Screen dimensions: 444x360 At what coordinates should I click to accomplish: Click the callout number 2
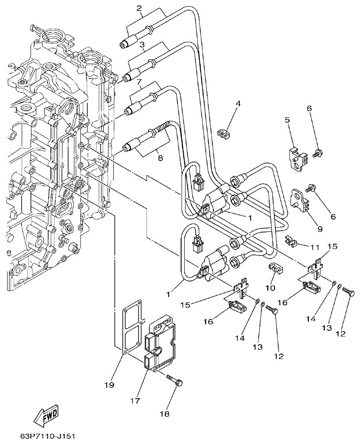(139, 8)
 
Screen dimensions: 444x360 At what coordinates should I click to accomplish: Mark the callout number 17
(135, 401)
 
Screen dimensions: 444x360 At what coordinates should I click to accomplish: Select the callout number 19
(109, 385)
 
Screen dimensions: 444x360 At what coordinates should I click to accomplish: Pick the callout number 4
(238, 104)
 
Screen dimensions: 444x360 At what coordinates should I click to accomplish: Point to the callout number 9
(319, 229)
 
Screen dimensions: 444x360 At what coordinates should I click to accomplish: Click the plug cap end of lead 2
(125, 44)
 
